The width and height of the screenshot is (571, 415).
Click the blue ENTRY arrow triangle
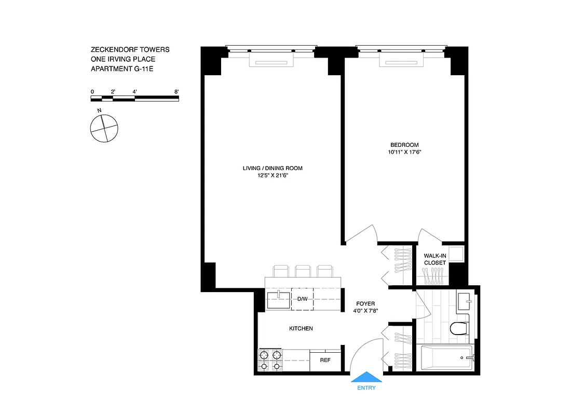366,377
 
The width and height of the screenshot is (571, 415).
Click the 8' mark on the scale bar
177,92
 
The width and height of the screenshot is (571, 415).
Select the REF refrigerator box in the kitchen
325,360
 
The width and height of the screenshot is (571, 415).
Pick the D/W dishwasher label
303,299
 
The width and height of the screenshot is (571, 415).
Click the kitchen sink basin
279,300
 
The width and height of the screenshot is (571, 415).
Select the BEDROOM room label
404,145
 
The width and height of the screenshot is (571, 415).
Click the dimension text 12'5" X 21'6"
273,176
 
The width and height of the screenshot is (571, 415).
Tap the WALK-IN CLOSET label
434,259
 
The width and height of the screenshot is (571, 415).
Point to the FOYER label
365,303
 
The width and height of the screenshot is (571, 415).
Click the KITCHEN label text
301,328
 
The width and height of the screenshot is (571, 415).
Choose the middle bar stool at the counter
303,271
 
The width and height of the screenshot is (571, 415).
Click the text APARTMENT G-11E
122,68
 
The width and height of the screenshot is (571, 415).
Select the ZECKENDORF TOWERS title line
130,50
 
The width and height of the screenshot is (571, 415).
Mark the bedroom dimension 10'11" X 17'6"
404,153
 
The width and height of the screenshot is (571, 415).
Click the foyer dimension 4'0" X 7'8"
365,311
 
